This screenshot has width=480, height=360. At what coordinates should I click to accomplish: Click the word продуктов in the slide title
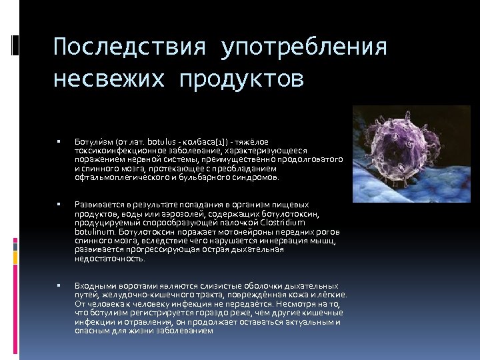[x=241, y=79]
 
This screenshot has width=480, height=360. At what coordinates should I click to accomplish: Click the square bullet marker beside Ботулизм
[x=59, y=142]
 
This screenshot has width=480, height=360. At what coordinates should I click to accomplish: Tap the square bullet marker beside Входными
[x=59, y=285]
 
